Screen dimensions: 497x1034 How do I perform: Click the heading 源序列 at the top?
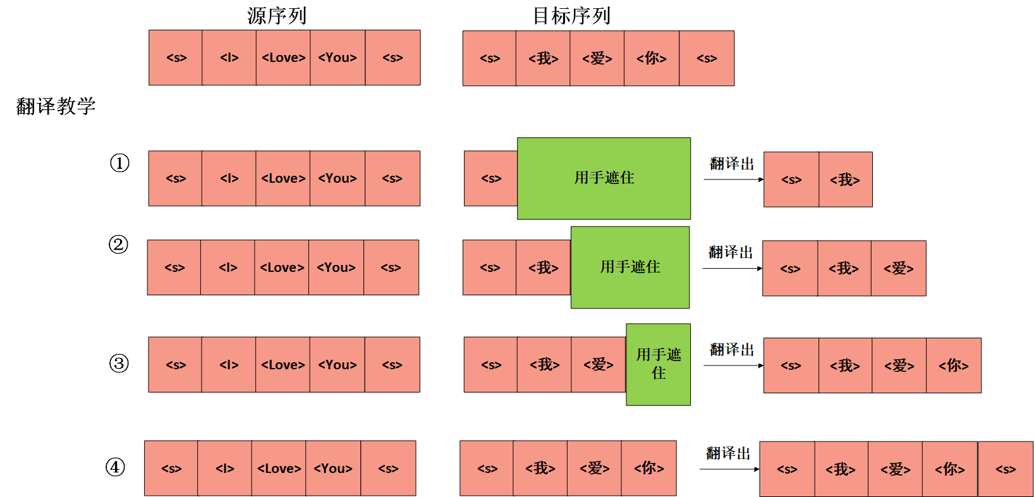tap(277, 15)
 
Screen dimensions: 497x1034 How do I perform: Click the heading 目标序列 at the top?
tap(571, 15)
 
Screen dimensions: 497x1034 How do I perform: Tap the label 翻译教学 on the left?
tap(56, 106)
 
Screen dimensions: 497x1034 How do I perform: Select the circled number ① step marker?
tap(119, 163)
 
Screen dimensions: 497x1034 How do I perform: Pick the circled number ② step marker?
tap(118, 245)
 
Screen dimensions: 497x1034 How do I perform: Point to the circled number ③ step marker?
tap(119, 364)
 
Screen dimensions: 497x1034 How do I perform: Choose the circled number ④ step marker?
tap(115, 467)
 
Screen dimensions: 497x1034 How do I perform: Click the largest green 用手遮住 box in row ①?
tap(604, 178)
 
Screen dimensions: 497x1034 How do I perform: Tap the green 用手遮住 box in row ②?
tap(630, 267)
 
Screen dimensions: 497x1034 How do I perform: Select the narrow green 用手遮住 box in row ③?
tap(658, 364)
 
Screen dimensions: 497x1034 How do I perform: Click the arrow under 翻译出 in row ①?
tap(733, 180)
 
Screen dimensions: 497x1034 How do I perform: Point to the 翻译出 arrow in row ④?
tap(729, 469)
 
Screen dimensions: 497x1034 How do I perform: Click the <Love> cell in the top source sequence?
tap(283, 58)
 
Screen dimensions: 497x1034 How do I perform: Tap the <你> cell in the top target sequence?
tap(651, 58)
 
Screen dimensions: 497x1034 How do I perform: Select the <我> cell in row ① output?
tap(845, 180)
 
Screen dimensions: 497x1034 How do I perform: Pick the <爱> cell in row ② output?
tap(898, 268)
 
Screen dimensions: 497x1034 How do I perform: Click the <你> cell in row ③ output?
tap(953, 365)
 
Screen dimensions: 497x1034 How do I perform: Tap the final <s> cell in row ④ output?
tap(1005, 469)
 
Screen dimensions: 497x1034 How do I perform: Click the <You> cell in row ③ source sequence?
tap(337, 365)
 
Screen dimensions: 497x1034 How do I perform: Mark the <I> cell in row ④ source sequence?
tap(224, 469)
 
